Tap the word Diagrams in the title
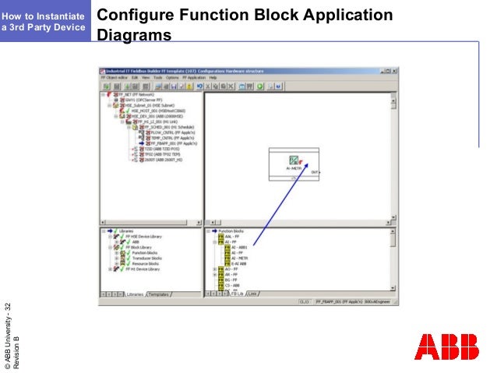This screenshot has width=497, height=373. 133,35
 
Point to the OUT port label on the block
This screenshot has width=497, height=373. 315,172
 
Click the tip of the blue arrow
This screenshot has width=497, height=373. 318,163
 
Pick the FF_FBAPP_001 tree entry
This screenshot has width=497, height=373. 168,144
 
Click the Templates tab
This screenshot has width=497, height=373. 160,294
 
